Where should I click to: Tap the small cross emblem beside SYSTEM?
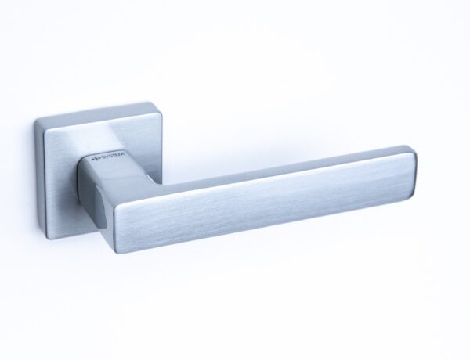pyautogui.click(x=96, y=159)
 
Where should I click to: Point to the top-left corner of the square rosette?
pyautogui.click(x=35, y=121)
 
